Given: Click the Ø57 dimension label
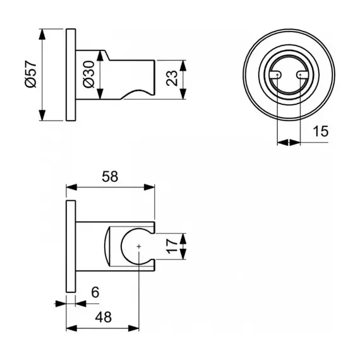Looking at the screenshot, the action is [x=31, y=74].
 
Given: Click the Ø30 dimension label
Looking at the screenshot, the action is [x=89, y=74].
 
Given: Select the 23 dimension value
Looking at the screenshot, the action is [x=172, y=78].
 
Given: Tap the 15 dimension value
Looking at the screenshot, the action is [x=320, y=131].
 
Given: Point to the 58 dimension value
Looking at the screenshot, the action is [x=110, y=177].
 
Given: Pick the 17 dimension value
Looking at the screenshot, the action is [x=172, y=246].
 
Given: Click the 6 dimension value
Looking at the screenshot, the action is [x=95, y=292].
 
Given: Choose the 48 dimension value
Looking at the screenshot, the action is [x=104, y=317].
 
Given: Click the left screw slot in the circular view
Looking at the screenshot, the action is [x=275, y=75].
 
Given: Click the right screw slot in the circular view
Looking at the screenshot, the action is [x=302, y=75].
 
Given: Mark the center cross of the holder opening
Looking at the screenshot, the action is [x=139, y=246].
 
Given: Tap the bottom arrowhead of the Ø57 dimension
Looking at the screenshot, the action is [x=42, y=115].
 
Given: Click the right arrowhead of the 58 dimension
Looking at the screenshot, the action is [x=149, y=187].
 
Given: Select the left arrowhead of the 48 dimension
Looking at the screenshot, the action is [x=71, y=328].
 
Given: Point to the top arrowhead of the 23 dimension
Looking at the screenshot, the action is [x=183, y=66].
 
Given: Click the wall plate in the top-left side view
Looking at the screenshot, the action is [x=71, y=75].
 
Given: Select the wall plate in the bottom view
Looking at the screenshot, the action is [x=71, y=246].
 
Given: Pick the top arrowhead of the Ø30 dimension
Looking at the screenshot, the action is [x=100, y=56].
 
